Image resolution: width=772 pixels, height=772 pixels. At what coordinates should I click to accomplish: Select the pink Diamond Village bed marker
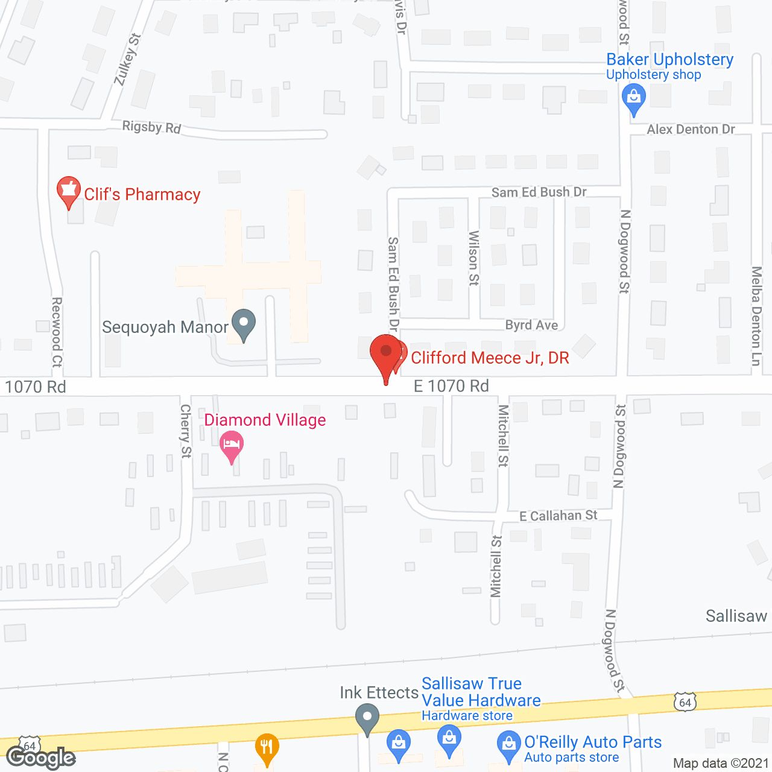click(232, 447)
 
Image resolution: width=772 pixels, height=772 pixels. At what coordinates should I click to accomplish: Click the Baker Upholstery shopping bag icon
click(633, 98)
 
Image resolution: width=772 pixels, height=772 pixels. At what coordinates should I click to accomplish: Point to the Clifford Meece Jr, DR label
click(490, 358)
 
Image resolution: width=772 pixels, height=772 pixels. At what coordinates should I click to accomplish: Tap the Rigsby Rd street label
click(151, 127)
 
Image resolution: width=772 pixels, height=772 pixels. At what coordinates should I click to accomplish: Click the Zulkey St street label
click(127, 59)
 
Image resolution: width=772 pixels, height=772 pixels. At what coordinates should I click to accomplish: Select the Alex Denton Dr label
click(691, 129)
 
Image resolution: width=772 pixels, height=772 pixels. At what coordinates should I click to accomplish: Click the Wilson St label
click(473, 258)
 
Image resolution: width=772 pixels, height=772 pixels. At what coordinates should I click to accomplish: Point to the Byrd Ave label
click(531, 325)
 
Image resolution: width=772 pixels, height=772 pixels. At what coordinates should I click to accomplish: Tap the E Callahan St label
click(558, 516)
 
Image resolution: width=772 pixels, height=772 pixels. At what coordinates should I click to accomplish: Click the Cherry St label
click(185, 431)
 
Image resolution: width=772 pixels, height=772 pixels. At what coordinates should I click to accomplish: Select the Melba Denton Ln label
click(756, 315)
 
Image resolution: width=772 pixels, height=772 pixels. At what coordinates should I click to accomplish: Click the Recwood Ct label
click(57, 332)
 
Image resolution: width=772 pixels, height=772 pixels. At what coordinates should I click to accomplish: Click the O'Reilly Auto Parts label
click(593, 742)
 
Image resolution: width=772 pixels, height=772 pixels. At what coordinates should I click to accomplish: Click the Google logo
click(40, 757)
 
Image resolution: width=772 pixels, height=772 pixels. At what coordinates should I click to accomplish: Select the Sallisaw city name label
click(736, 616)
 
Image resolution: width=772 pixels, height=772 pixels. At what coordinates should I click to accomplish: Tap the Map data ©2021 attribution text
click(721, 763)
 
